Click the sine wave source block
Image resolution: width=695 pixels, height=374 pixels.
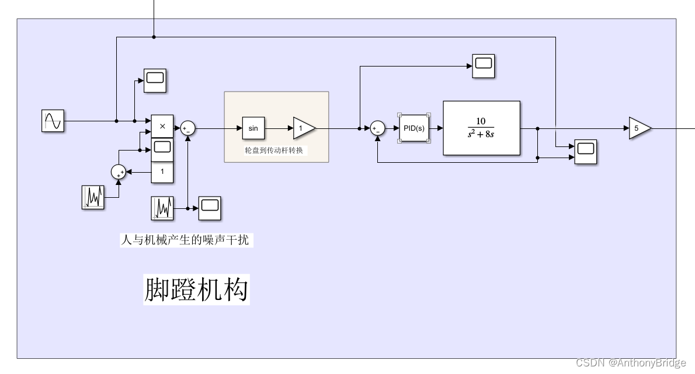[x=52, y=121]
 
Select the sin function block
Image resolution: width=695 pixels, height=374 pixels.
[x=253, y=128]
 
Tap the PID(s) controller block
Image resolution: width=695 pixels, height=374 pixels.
[x=414, y=128]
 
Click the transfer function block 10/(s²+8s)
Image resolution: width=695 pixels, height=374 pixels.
[x=481, y=128]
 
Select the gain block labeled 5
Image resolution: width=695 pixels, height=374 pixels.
[x=638, y=128]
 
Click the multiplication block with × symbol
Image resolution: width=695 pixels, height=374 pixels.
[x=162, y=126]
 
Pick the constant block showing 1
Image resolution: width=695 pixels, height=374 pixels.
[x=162, y=172]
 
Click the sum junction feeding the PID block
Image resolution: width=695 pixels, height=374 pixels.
[x=378, y=128]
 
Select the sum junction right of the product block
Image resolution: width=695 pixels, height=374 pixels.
[x=187, y=128]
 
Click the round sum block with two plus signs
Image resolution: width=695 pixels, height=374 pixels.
[x=119, y=172]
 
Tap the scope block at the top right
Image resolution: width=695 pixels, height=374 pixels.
[x=483, y=66]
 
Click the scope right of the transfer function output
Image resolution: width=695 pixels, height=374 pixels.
[x=586, y=152]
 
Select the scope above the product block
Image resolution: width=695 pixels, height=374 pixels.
[x=155, y=81]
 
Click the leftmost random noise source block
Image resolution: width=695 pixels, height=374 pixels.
[x=93, y=197]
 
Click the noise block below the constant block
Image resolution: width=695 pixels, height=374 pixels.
[x=162, y=208]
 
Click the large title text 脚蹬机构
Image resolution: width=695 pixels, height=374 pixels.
[x=196, y=289]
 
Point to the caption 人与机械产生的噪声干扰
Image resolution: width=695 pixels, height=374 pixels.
[x=186, y=240]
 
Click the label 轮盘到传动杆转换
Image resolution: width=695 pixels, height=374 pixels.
[x=276, y=151]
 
